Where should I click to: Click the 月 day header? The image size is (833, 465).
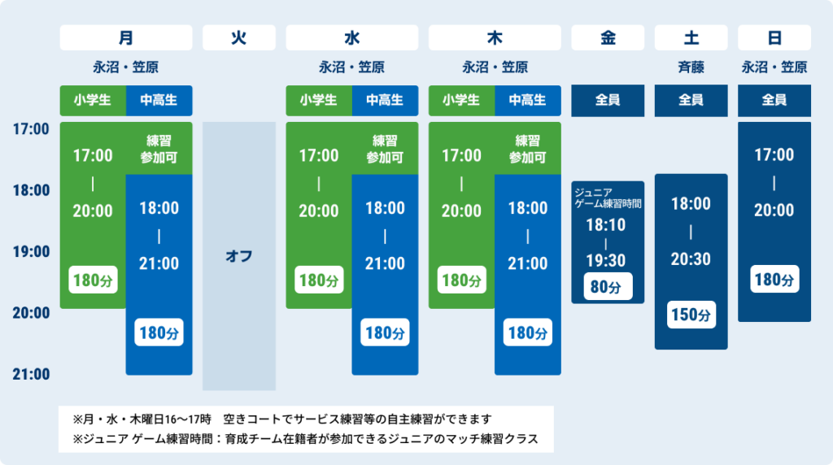[x=126, y=37]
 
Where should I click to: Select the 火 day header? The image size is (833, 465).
[x=238, y=37]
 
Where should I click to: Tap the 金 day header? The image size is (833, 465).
[x=608, y=37]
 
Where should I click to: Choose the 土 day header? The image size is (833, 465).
[x=691, y=37]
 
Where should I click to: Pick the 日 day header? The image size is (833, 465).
[x=774, y=37]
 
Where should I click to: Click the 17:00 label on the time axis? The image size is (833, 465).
[x=31, y=128]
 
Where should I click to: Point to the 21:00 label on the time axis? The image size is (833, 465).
[x=31, y=374]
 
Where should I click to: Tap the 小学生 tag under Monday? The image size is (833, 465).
[x=92, y=100]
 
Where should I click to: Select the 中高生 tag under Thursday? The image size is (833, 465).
[x=527, y=100]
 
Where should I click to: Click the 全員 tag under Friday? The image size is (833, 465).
[x=608, y=100]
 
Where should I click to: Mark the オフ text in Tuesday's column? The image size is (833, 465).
[x=238, y=256]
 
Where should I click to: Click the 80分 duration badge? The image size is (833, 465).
[x=608, y=287]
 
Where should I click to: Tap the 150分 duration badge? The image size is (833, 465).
[x=691, y=315]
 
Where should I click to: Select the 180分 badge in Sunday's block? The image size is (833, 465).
[x=774, y=280]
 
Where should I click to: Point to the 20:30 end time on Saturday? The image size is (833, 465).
[x=691, y=259]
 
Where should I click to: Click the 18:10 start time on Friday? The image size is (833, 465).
[x=607, y=224]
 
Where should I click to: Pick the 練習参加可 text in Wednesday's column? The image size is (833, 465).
[x=384, y=149]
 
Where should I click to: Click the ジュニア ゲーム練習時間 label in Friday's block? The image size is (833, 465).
[x=608, y=198]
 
